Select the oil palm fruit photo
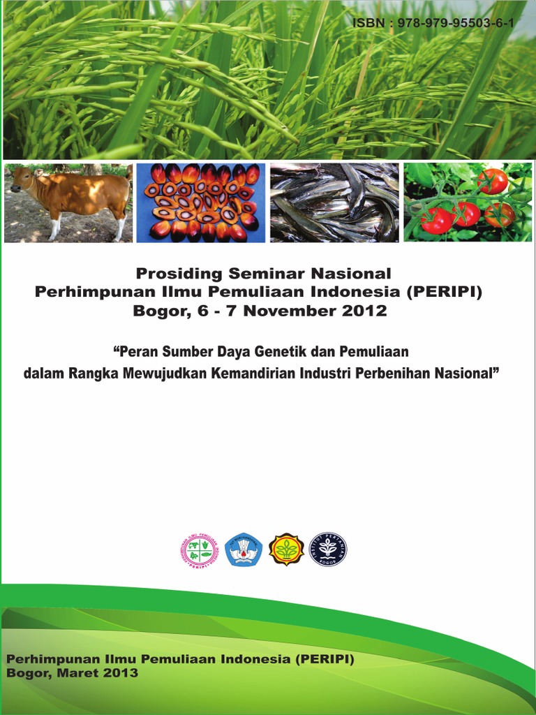click(x=201, y=202)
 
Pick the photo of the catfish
click(x=334, y=202)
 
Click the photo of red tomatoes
click(x=468, y=202)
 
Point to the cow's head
click(x=22, y=179)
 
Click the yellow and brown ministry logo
click(x=286, y=550)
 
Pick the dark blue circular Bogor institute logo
click(x=328, y=550)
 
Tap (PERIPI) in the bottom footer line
click(x=325, y=658)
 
